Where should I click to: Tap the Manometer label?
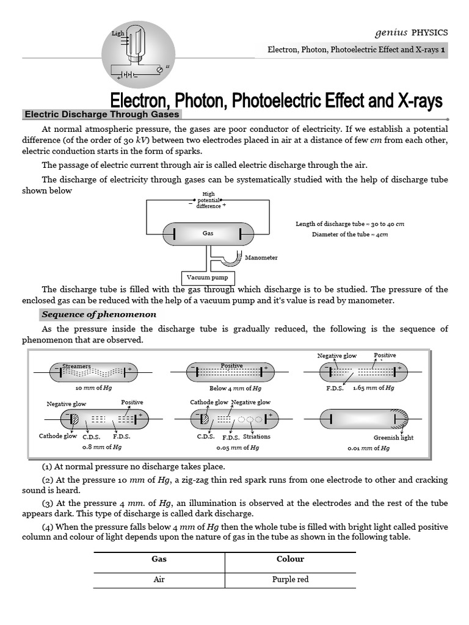261,258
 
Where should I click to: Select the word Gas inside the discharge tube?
207,233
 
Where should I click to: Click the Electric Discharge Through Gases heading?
101,114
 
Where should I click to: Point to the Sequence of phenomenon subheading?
98,314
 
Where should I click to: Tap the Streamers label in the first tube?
76,366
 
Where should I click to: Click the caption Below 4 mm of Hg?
235,388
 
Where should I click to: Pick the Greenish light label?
393,438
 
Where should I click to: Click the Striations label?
256,437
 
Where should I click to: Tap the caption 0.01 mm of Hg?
368,448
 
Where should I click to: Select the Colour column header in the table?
290,559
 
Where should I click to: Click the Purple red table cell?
290,579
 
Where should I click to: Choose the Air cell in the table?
159,579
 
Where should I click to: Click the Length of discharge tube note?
350,224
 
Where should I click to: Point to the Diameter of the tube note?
350,234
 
